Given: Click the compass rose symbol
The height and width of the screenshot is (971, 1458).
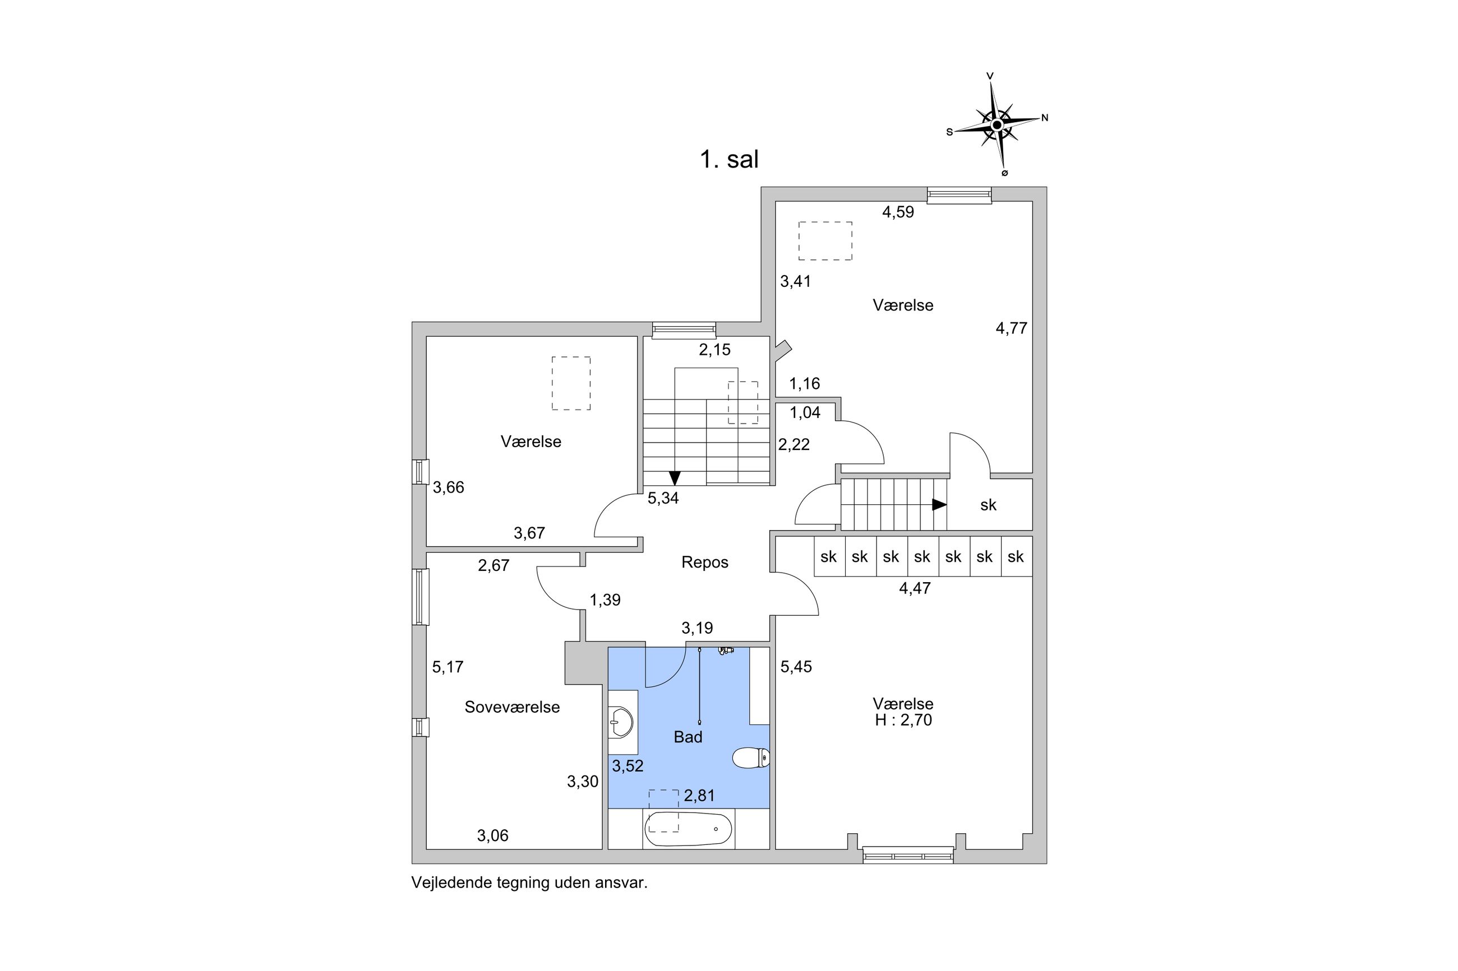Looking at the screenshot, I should tap(996, 125).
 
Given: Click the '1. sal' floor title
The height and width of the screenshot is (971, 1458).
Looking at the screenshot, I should tap(728, 160).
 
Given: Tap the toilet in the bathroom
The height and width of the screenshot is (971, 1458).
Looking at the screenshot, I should tap(750, 758).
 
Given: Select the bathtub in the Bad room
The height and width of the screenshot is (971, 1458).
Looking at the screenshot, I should tap(688, 829).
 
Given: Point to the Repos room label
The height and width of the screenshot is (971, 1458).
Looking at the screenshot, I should tap(704, 563).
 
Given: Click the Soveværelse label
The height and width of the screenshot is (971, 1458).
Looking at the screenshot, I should tap(512, 707).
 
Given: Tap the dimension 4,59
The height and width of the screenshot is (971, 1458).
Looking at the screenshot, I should tap(898, 212).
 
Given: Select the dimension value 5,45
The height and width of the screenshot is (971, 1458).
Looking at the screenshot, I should tap(796, 667).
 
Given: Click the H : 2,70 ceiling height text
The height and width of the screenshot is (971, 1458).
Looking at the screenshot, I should tap(903, 720).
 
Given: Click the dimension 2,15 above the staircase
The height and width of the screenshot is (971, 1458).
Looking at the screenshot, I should tap(714, 350).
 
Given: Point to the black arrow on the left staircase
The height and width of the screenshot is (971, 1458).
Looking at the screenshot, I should tap(675, 477).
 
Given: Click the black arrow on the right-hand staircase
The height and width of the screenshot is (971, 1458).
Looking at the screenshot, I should tap(939, 505).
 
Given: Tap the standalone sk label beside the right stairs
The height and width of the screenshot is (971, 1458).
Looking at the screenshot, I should tap(988, 505).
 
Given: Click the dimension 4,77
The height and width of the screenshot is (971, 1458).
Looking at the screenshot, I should tap(1011, 329).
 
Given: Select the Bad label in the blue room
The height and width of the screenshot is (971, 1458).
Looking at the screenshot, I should tap(688, 737).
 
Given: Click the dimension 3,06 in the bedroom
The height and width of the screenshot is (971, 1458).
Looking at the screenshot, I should tap(492, 836).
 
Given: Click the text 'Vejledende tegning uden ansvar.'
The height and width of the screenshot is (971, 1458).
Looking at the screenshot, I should tap(529, 883).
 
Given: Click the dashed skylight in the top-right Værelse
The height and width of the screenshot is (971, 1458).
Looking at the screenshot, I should tap(825, 241).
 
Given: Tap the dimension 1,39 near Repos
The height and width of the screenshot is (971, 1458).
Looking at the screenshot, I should tap(605, 600).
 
